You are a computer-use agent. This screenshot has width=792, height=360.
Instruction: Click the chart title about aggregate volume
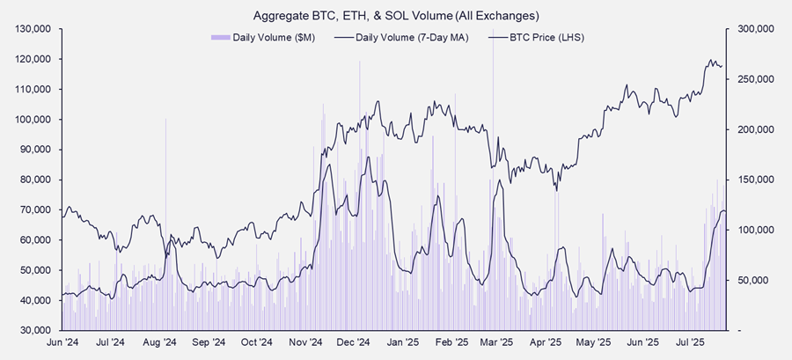396,16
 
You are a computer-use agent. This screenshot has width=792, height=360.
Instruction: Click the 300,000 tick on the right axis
754,29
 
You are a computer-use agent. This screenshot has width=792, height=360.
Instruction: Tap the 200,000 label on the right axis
754,129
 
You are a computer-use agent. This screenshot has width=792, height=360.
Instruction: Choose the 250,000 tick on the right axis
754,79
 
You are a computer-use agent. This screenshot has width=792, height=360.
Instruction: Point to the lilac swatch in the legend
220,38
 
